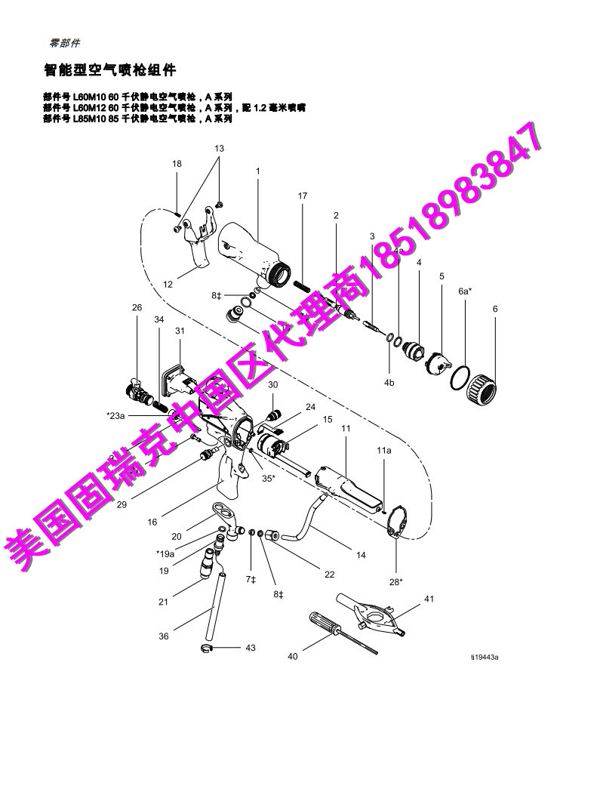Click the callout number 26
(x=137, y=307)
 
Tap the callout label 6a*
(x=465, y=291)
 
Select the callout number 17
(x=303, y=196)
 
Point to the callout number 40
(x=293, y=657)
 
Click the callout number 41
(x=429, y=599)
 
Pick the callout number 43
(x=251, y=648)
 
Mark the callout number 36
(x=164, y=636)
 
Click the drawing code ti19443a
(x=485, y=657)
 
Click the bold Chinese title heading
(x=109, y=70)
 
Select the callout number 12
(x=168, y=285)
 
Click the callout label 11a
(x=384, y=451)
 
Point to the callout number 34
(x=159, y=319)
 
